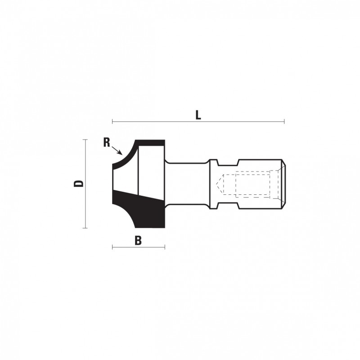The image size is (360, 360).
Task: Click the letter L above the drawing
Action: click(198, 115)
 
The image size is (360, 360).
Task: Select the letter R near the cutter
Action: click(107, 142)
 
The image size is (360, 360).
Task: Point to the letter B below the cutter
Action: click(138, 241)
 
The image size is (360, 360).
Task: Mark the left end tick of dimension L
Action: click(112, 121)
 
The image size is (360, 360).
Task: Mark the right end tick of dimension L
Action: click(284, 121)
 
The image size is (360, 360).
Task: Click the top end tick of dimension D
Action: click(85, 139)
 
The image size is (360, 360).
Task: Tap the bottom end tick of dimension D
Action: click(85, 228)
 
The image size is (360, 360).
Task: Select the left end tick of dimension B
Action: click(112, 247)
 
